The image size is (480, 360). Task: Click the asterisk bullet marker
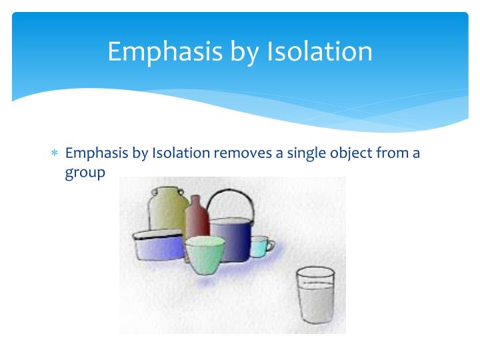(x=55, y=154)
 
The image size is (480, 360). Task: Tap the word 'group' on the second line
(x=85, y=172)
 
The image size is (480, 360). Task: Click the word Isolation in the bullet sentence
(x=181, y=153)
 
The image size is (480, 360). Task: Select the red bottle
(x=196, y=220)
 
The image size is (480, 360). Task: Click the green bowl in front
(x=205, y=257)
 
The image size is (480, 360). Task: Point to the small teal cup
(x=259, y=247)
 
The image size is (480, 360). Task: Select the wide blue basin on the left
(x=157, y=245)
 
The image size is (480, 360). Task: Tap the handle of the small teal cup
(x=270, y=245)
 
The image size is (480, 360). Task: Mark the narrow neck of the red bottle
(x=196, y=201)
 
